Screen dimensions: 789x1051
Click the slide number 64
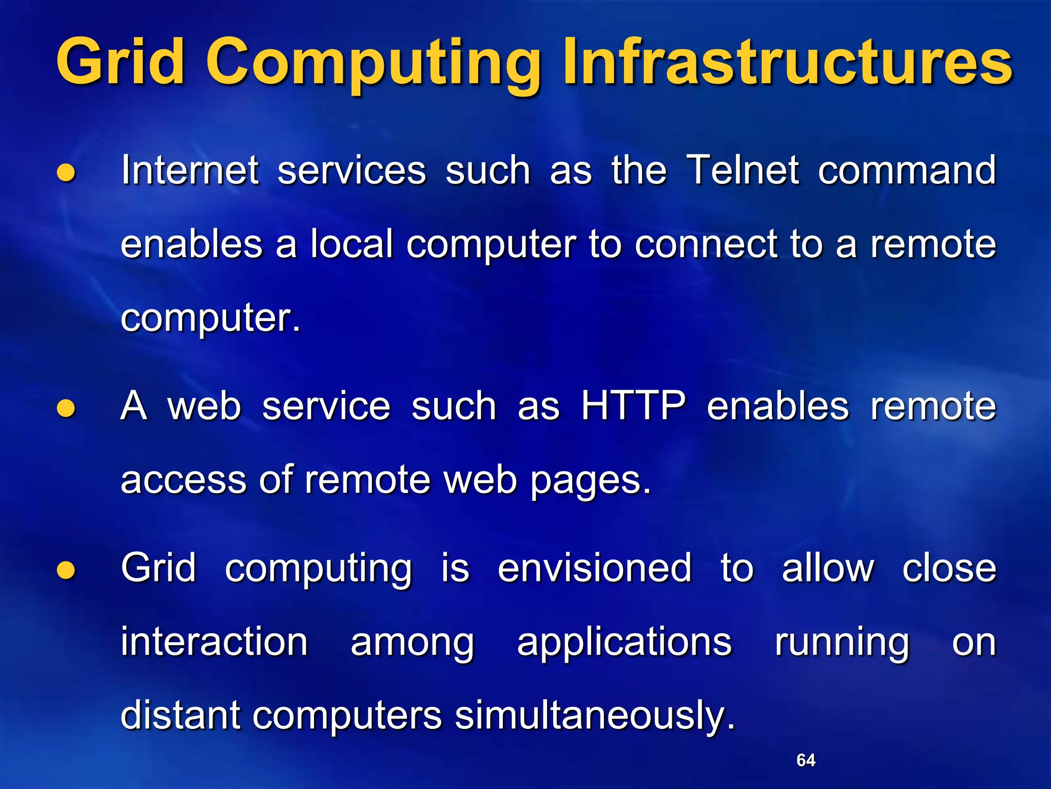[x=806, y=760]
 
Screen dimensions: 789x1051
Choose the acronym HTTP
[x=633, y=406]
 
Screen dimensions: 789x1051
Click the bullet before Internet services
[x=66, y=173]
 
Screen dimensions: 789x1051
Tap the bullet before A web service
[x=66, y=408]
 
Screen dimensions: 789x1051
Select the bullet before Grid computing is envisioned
[x=66, y=570]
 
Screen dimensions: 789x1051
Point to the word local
[x=352, y=243]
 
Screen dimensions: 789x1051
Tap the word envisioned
[x=595, y=568]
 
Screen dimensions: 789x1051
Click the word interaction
[x=214, y=642]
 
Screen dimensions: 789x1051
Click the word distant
[x=180, y=715]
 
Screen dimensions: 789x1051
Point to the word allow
[x=828, y=568]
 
